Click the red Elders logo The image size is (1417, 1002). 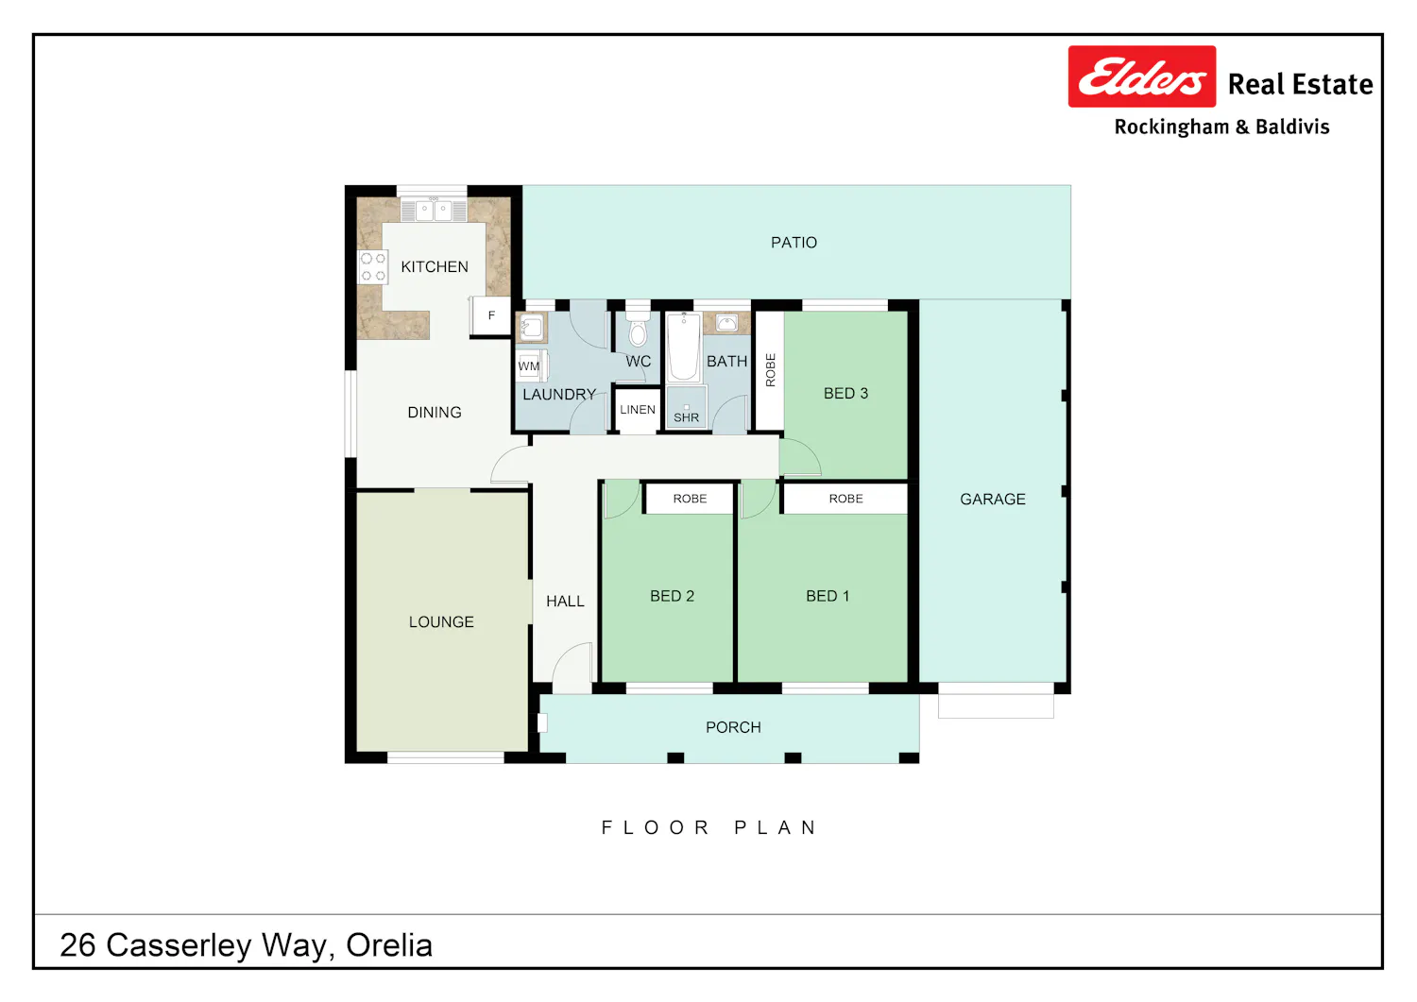click(x=1142, y=76)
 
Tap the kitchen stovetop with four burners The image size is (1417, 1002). click(x=372, y=267)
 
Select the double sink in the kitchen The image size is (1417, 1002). click(x=434, y=210)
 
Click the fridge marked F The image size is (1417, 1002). click(x=491, y=315)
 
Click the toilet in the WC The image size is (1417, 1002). click(x=638, y=328)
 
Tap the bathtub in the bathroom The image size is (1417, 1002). click(x=684, y=347)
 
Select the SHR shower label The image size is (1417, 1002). click(x=687, y=417)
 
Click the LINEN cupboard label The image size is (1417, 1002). click(x=638, y=410)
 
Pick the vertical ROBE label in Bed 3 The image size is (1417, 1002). click(x=770, y=370)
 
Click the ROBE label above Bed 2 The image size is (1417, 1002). click(x=691, y=499)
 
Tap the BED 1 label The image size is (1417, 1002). click(x=828, y=596)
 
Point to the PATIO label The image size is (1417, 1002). click(x=794, y=243)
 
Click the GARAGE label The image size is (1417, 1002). click(x=993, y=499)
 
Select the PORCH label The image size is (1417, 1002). click(x=733, y=727)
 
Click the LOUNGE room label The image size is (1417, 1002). click(x=441, y=621)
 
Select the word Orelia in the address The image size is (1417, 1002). click(x=389, y=945)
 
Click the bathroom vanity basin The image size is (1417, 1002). click(x=726, y=323)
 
